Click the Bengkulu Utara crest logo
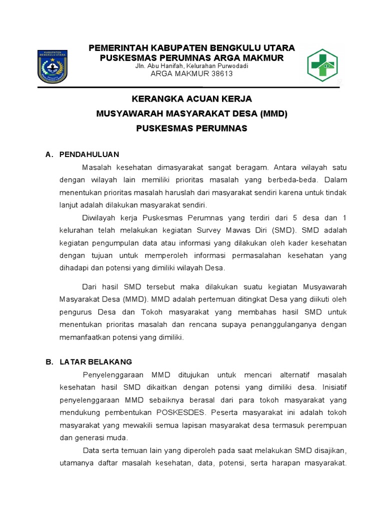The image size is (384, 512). pyautogui.click(x=52, y=66)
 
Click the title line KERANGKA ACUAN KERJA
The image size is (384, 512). pyautogui.click(x=191, y=98)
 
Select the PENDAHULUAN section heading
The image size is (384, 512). pyautogui.click(x=89, y=154)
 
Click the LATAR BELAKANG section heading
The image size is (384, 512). pyautogui.click(x=95, y=361)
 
